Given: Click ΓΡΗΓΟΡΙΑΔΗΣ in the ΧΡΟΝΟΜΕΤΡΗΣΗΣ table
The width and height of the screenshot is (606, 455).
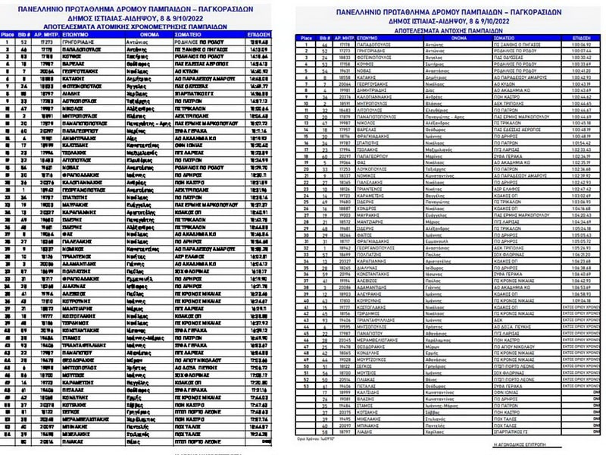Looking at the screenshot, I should coord(67,42).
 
